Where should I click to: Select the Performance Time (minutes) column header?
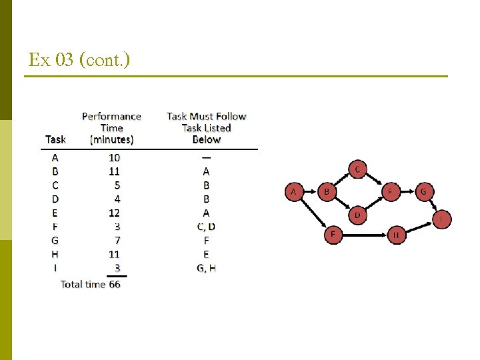point(111,127)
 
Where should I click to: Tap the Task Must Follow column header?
point(206,127)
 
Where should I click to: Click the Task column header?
point(55,139)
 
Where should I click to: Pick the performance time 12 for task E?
point(114,213)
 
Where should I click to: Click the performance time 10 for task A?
point(114,157)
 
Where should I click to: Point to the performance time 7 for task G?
point(116,240)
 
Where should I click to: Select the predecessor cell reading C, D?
point(206,227)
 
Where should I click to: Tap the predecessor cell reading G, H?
point(206,268)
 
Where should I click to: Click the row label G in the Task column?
point(55,240)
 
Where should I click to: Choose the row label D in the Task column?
point(55,199)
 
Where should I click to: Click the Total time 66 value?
point(115,284)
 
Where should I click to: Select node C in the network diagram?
point(357,170)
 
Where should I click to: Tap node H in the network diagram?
point(396,235)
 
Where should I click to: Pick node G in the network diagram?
point(423,192)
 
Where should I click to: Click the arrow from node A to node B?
point(310,192)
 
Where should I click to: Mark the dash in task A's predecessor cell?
point(206,157)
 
